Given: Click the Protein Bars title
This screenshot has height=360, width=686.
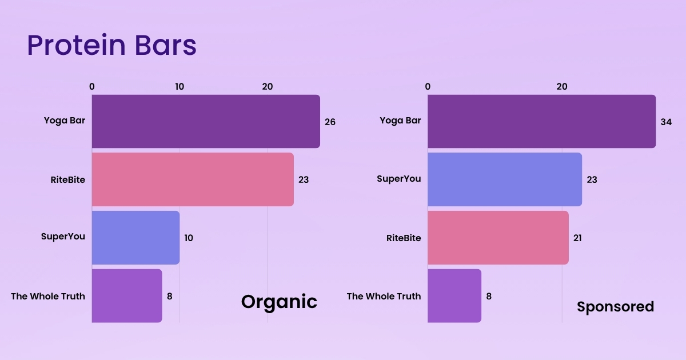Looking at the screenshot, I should click(111, 45).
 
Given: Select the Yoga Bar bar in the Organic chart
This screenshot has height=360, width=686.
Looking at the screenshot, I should click(206, 121).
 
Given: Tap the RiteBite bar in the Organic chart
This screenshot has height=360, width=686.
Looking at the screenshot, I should click(193, 179).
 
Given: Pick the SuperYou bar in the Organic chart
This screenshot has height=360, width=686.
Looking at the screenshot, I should click(135, 238).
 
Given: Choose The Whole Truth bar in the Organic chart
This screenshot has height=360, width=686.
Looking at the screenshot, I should click(127, 296).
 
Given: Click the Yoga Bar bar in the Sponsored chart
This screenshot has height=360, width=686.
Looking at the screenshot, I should click(541, 121).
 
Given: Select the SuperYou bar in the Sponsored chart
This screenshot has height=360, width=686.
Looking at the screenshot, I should click(505, 179).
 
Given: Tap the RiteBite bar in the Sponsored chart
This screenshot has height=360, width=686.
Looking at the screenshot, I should click(498, 238).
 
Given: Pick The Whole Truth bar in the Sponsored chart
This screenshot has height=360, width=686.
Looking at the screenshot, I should click(454, 296).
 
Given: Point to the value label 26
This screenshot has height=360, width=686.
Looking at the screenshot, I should click(330, 122).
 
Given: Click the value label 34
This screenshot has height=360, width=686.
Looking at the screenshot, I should click(666, 122).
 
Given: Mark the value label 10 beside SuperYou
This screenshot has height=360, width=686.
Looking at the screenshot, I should click(189, 238).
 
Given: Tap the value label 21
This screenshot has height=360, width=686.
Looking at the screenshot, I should click(577, 238).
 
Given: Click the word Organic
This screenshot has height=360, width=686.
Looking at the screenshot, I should click(279, 301).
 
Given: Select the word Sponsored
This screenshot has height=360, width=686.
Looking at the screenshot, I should click(615, 307).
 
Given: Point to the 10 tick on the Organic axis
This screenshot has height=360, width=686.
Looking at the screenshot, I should click(180, 87).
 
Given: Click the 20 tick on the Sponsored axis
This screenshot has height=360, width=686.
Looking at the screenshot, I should click(562, 87).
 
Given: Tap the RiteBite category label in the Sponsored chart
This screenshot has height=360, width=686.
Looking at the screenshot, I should click(404, 238).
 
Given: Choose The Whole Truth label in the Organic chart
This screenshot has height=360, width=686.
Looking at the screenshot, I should click(48, 296).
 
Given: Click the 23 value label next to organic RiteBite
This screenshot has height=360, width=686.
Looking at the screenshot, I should click(304, 180).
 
